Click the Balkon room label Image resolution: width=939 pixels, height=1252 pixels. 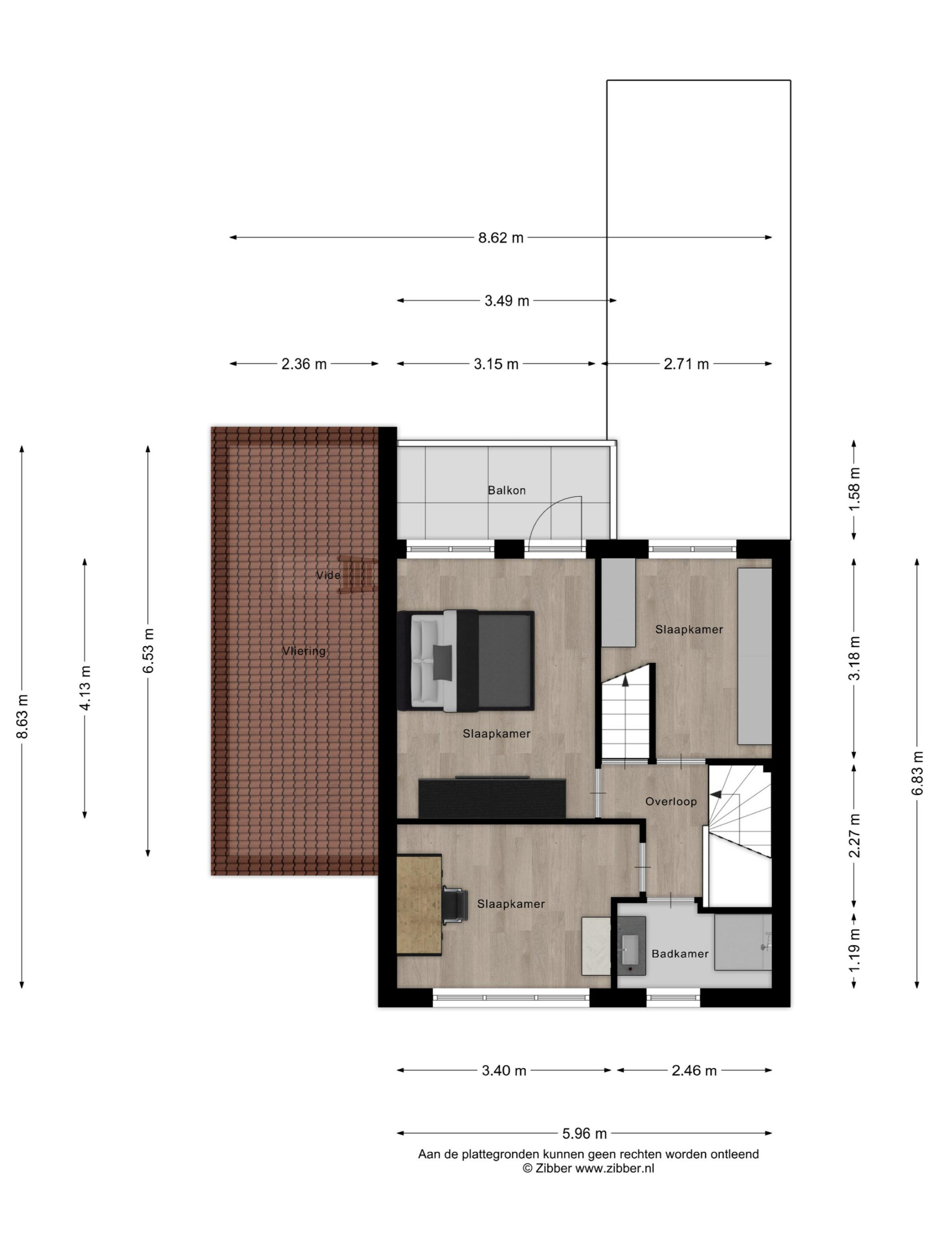click(x=507, y=490)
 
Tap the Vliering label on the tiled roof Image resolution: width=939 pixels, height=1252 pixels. click(x=304, y=651)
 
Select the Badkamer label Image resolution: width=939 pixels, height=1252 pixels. click(x=680, y=954)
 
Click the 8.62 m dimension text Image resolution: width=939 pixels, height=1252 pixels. click(x=501, y=238)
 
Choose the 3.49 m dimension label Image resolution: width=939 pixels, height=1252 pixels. click(x=507, y=301)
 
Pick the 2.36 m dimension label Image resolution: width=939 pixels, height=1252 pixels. click(x=304, y=364)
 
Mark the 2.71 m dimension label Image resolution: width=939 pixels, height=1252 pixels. click(x=686, y=364)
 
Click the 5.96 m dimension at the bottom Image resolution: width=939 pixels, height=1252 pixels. click(x=584, y=1134)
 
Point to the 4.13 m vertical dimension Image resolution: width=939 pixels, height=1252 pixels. click(x=85, y=688)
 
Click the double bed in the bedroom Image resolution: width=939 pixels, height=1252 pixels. click(x=465, y=661)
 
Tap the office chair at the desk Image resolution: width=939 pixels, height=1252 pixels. click(x=454, y=906)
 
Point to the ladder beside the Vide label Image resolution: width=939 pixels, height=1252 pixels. click(x=358, y=575)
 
